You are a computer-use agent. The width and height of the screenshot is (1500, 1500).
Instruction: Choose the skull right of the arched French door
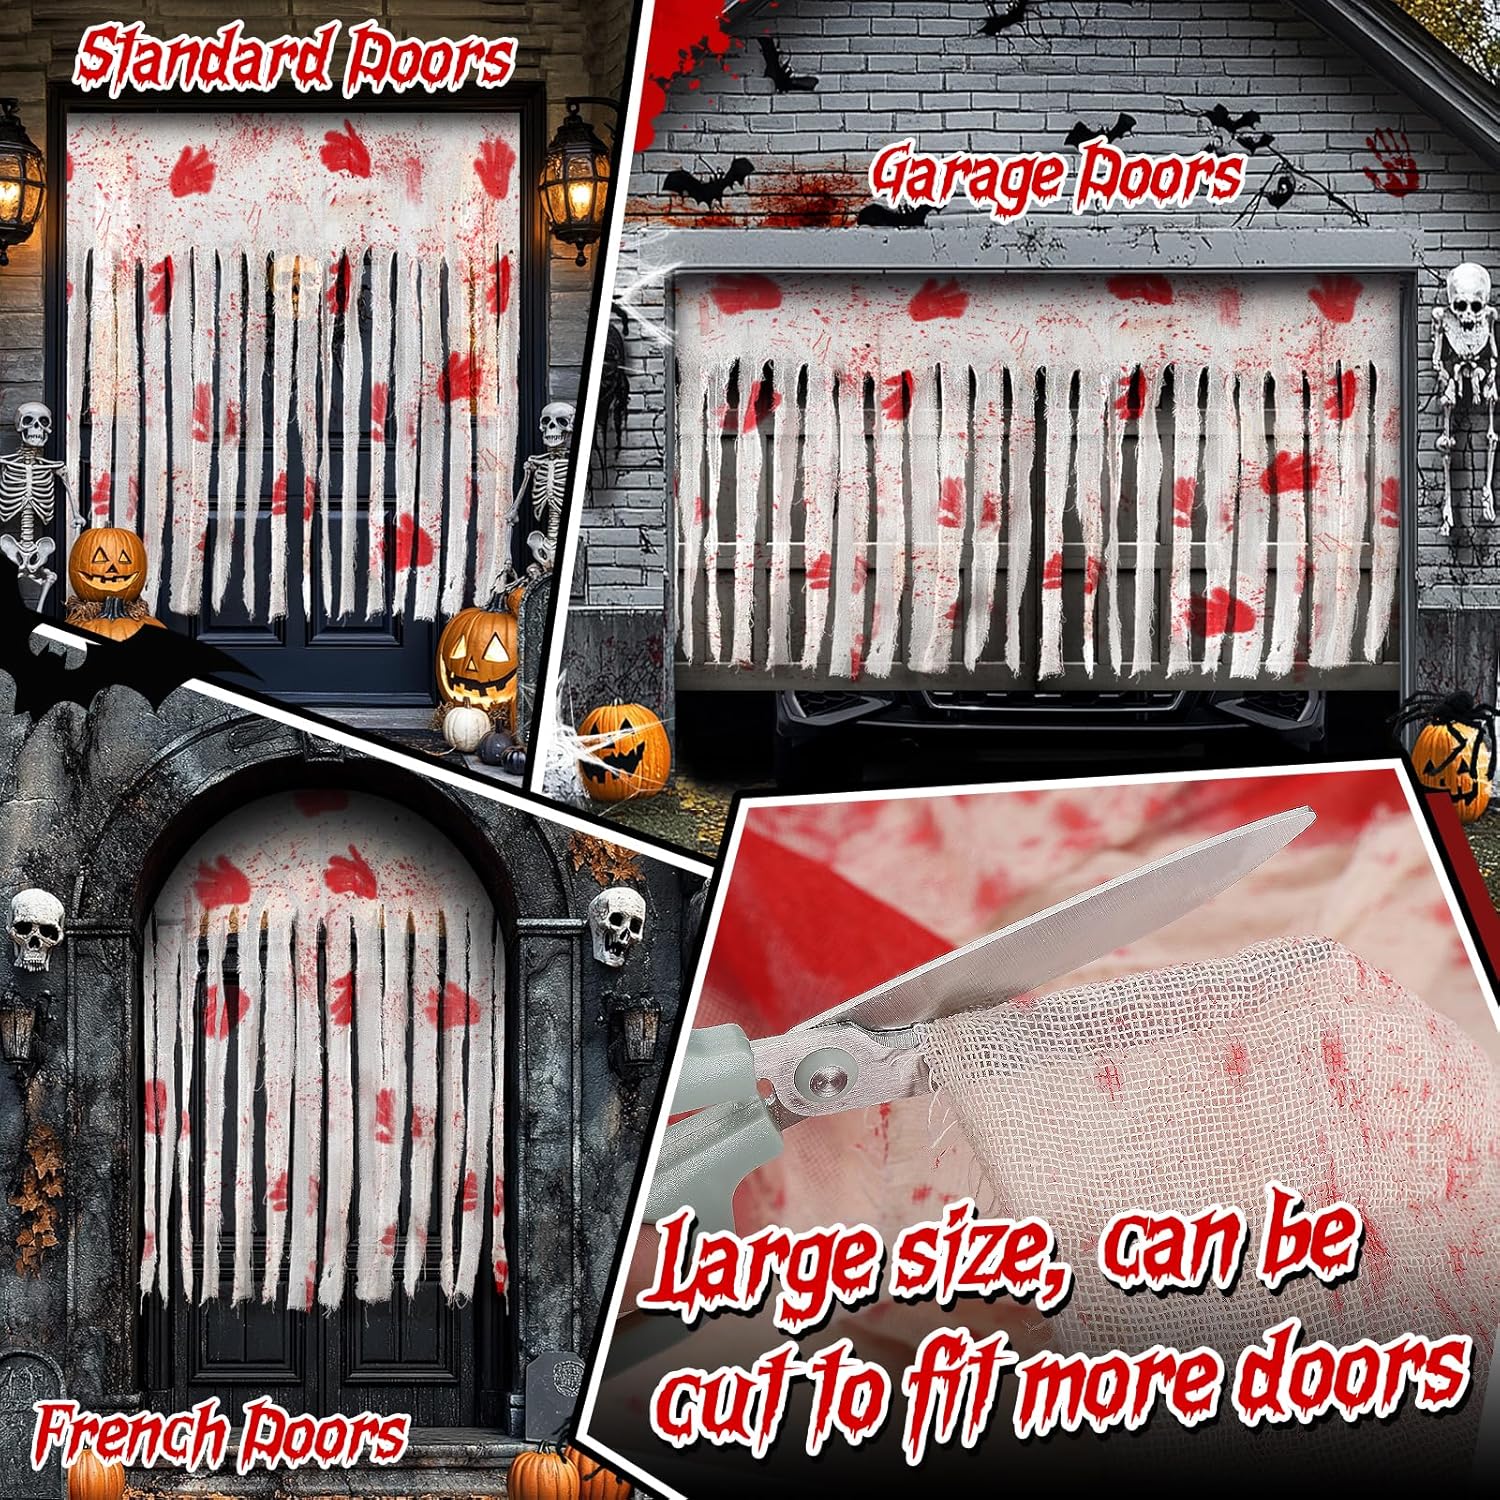[x=615, y=926]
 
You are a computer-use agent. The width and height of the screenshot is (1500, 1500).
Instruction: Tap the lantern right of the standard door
[x=574, y=180]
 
